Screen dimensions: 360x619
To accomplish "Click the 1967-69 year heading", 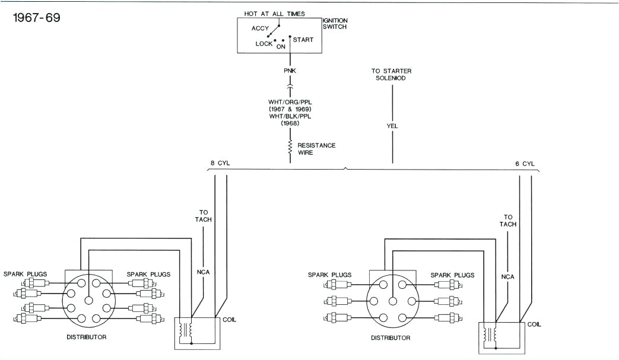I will [37, 17].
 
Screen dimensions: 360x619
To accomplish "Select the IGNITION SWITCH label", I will [335, 24].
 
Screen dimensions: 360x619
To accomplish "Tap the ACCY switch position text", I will [260, 28].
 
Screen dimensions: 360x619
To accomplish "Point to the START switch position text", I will [303, 40].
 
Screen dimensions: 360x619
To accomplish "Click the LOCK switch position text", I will [264, 44].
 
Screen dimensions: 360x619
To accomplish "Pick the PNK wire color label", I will [290, 72].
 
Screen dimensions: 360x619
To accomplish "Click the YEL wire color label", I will [392, 126].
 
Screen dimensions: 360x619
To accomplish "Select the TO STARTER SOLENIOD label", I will [392, 75].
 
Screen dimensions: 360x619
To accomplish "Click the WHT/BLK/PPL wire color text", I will [290, 117].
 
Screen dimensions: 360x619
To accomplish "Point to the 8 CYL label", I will [220, 163].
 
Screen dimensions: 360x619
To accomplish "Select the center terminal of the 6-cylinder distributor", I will [392, 301].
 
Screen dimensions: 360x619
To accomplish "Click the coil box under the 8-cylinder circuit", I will [196, 332].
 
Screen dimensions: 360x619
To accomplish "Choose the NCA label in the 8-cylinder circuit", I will [204, 273].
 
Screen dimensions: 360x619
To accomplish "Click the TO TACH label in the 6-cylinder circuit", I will [508, 221].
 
